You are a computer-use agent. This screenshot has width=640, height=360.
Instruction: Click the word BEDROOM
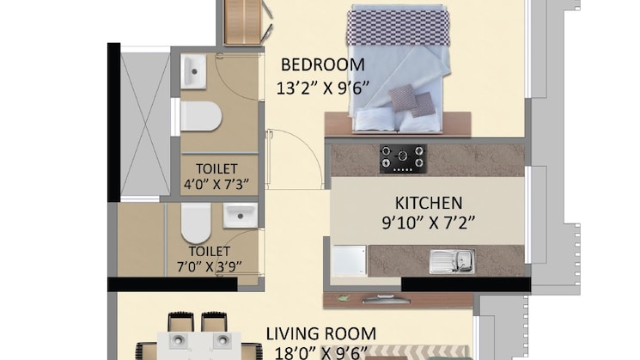[323, 64]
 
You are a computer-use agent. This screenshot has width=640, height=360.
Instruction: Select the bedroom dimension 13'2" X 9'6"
[323, 87]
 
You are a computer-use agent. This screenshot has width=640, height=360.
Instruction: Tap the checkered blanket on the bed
[399, 25]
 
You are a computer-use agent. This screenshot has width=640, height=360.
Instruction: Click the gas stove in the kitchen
[403, 158]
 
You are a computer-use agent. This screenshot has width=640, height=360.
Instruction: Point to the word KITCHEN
[429, 204]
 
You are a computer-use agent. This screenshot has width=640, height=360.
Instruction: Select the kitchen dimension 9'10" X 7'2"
[429, 225]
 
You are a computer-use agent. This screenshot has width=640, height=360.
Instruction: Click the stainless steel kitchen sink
[451, 259]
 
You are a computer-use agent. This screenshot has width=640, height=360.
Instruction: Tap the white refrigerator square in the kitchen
[350, 260]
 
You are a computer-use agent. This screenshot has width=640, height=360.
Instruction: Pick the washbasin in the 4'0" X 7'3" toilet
[193, 71]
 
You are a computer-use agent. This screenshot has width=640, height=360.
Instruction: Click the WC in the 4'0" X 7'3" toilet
[201, 116]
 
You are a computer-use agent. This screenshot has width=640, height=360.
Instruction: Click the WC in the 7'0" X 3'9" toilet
[196, 223]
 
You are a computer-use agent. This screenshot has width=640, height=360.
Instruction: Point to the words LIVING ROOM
[320, 333]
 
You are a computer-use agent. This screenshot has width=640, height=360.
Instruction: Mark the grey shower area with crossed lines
[144, 125]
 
